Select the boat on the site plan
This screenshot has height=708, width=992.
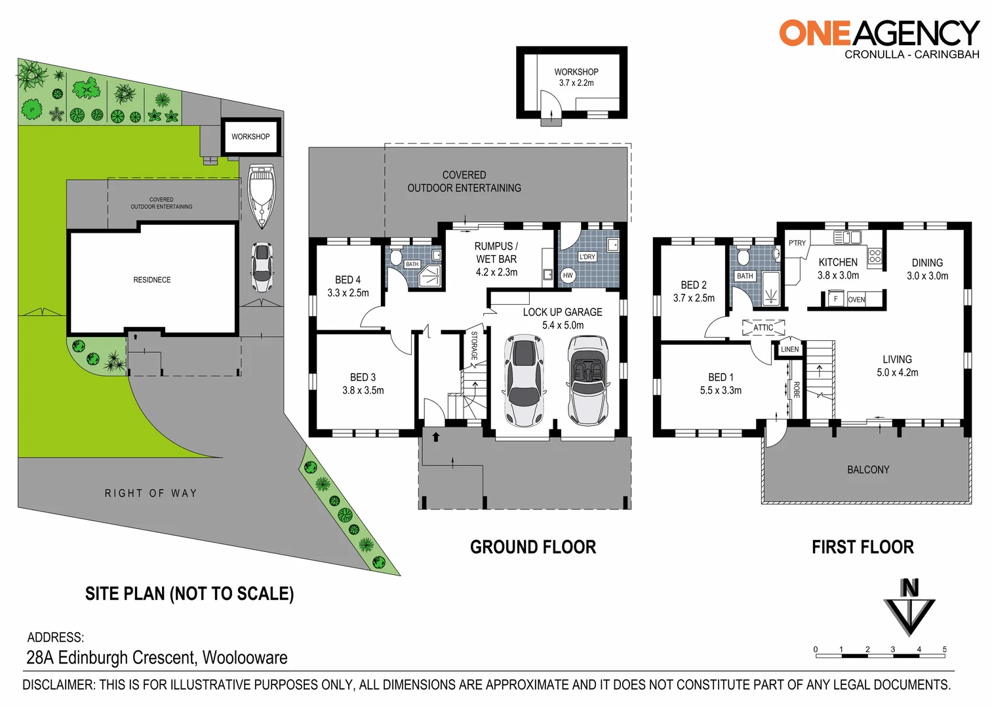tap(262, 195)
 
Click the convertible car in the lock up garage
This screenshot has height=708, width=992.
tap(588, 380)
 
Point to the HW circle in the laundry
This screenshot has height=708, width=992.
tap(568, 276)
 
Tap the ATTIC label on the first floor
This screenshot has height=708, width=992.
tap(763, 327)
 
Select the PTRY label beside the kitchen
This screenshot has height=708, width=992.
tap(797, 243)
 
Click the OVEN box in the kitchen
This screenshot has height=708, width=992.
tap(856, 300)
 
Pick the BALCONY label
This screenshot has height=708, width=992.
tap(868, 470)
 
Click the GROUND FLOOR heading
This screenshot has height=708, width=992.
tap(533, 547)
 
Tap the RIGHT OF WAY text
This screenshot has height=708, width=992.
tap(151, 493)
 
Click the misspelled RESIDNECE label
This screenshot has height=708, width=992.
tap(152, 280)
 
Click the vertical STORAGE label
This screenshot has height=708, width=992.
tap(474, 345)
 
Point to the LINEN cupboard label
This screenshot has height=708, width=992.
tap(790, 349)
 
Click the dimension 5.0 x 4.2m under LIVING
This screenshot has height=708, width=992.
tap(897, 372)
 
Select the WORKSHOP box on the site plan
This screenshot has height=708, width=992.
tap(250, 137)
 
